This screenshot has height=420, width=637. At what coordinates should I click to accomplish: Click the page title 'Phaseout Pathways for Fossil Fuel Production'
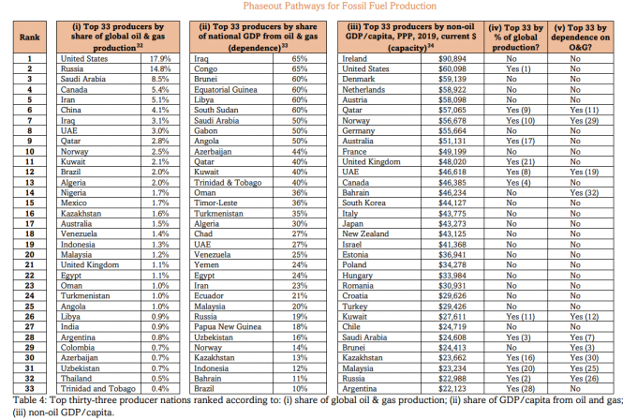[318, 7]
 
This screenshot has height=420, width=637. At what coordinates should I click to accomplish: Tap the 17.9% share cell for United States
[156, 58]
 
